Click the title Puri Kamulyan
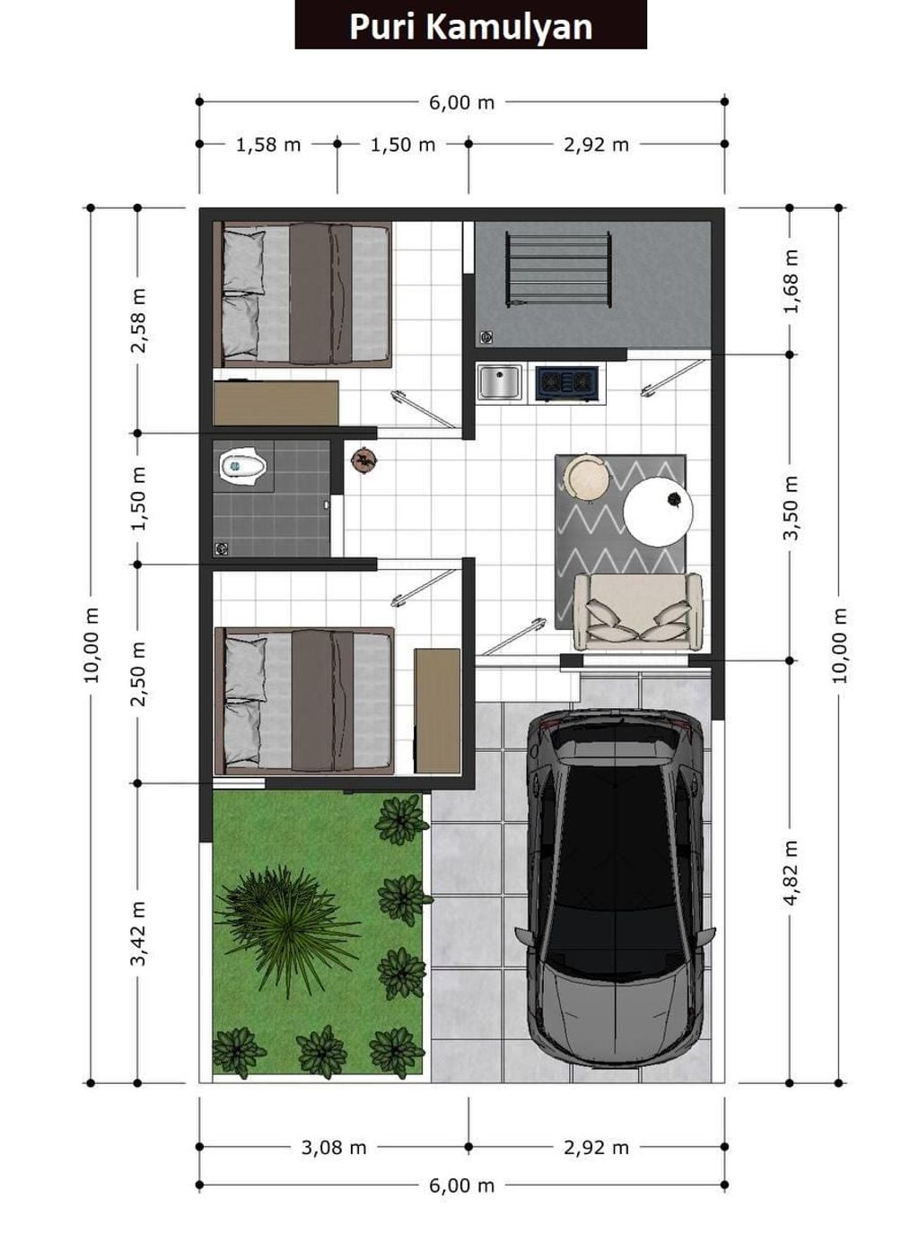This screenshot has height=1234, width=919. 470,27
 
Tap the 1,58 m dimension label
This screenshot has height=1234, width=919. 268,144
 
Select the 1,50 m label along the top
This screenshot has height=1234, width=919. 403,144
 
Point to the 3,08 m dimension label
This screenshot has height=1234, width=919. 334,1147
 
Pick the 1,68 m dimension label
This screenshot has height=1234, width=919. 791,281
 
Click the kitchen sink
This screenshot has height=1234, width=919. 500,381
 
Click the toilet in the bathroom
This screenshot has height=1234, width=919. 242,466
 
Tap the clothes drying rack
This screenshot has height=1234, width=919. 558,269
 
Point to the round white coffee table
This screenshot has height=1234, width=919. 658,512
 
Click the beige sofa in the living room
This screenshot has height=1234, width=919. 638,612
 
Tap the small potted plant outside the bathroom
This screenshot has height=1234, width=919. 363,459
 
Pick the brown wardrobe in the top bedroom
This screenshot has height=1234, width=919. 276,403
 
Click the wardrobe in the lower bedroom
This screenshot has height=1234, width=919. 437,711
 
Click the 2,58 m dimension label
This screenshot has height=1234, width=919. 138,320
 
